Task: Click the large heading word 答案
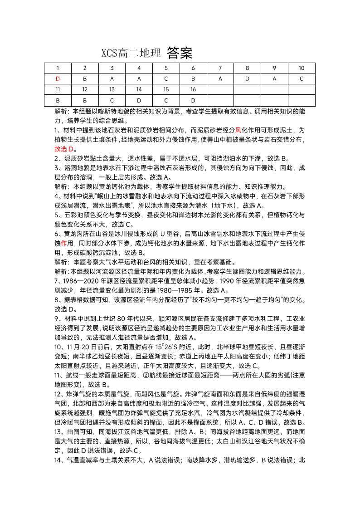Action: pyautogui.click(x=180, y=54)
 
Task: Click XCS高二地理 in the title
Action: pyautogui.click(x=131, y=54)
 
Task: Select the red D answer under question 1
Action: pyautogui.click(x=58, y=78)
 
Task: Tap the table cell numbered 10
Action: pyautogui.click(x=302, y=68)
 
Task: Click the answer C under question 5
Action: pyautogui.click(x=166, y=78)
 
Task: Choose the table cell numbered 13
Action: pyautogui.click(x=112, y=89)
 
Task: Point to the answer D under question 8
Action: pyautogui.click(x=247, y=78)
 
